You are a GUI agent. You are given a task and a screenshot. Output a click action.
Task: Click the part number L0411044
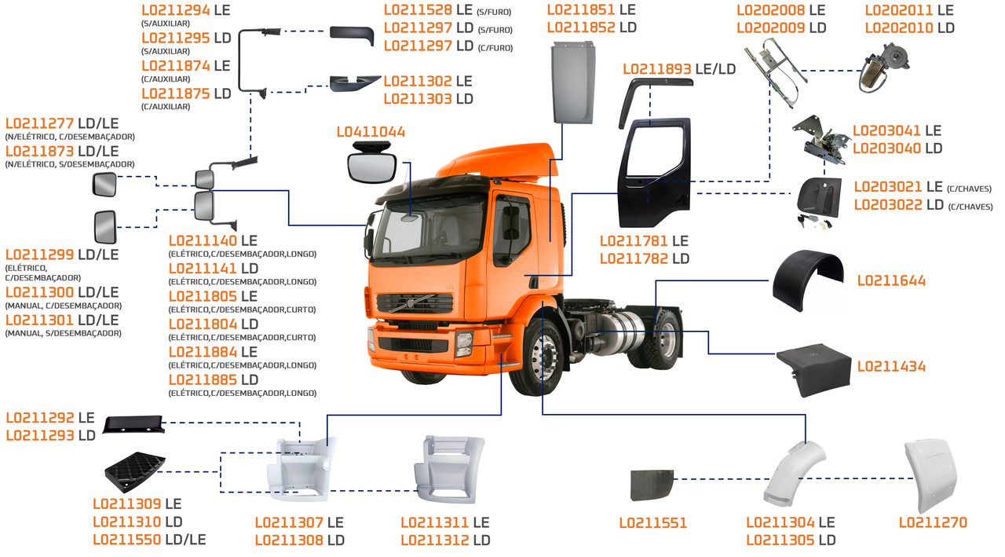pos(371,132)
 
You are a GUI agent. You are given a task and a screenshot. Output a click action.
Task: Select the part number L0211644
pos(891,280)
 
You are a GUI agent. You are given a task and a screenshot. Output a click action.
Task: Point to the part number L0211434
pos(891,366)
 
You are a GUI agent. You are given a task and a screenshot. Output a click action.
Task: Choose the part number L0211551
pos(652,522)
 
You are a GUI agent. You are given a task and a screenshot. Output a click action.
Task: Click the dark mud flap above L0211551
pos(652,485)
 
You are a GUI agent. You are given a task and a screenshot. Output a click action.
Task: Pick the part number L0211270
pos(933,522)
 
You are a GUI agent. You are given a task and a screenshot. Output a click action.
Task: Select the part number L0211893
pos(657,69)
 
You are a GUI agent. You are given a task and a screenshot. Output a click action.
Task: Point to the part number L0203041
pos(886,130)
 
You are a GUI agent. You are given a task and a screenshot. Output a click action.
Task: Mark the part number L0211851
pos(580,10)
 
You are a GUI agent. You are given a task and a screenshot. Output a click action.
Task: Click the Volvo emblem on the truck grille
pos(407,302)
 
